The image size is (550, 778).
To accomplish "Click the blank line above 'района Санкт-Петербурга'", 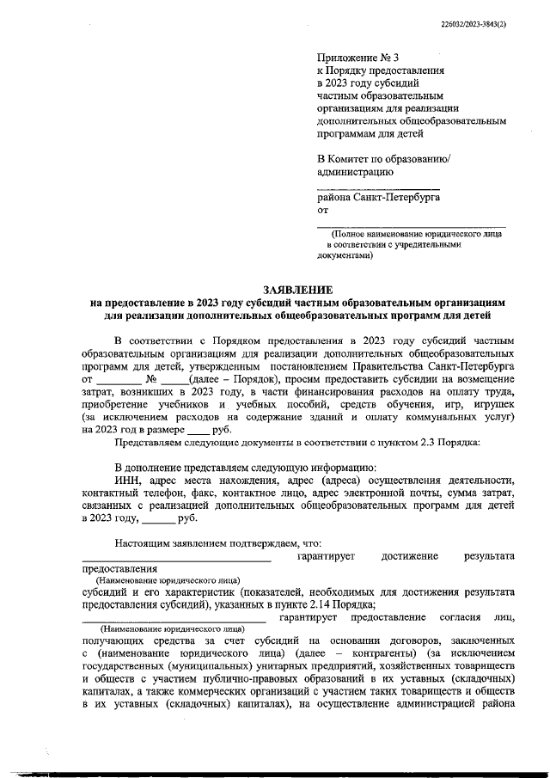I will tap(378, 187).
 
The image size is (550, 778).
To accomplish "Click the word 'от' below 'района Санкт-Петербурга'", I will tap(323, 210).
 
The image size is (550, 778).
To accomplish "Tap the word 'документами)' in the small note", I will tap(345, 255).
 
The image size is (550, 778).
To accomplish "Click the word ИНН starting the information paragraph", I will tap(127, 479).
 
